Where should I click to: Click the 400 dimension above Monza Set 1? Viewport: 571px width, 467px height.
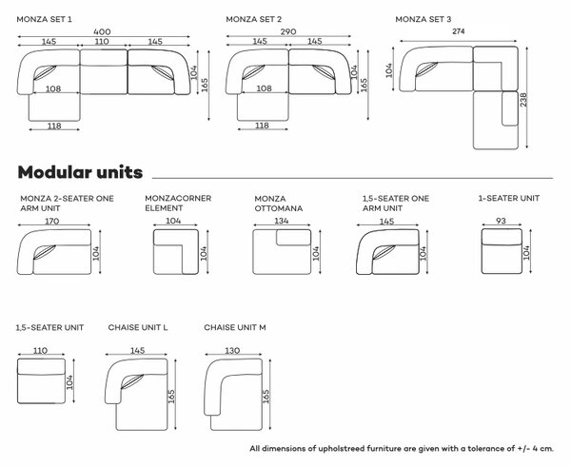[x=102, y=31]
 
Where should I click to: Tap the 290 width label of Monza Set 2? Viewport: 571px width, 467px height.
[x=288, y=31]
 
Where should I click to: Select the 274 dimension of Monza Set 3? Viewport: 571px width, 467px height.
[x=459, y=31]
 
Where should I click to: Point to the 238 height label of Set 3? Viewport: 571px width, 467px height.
[x=523, y=100]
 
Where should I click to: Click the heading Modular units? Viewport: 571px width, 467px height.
[x=80, y=172]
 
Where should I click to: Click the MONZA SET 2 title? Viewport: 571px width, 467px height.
[x=254, y=19]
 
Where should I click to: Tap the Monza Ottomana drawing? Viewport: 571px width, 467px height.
[x=282, y=251]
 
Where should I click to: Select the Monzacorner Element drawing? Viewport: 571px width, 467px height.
[x=176, y=251]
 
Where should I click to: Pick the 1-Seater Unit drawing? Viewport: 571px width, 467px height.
[x=502, y=251]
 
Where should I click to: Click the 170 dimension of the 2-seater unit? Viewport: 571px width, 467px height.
[x=52, y=221]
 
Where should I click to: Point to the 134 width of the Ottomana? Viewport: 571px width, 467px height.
[x=282, y=221]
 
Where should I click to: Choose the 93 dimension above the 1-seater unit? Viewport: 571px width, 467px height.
[x=502, y=221]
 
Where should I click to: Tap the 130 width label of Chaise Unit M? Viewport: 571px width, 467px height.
[x=232, y=350]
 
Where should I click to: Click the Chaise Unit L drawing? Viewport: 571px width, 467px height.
[x=136, y=395]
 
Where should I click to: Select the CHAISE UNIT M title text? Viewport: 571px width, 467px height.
[x=235, y=327]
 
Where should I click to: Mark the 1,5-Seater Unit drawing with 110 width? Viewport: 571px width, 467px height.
[x=42, y=381]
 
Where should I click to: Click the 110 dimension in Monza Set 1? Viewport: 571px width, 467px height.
[x=102, y=41]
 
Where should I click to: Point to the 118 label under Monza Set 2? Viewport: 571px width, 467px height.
[x=263, y=126]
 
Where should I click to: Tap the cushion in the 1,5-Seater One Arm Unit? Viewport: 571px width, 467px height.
[x=384, y=251]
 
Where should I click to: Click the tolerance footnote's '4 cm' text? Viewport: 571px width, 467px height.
[x=542, y=448]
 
